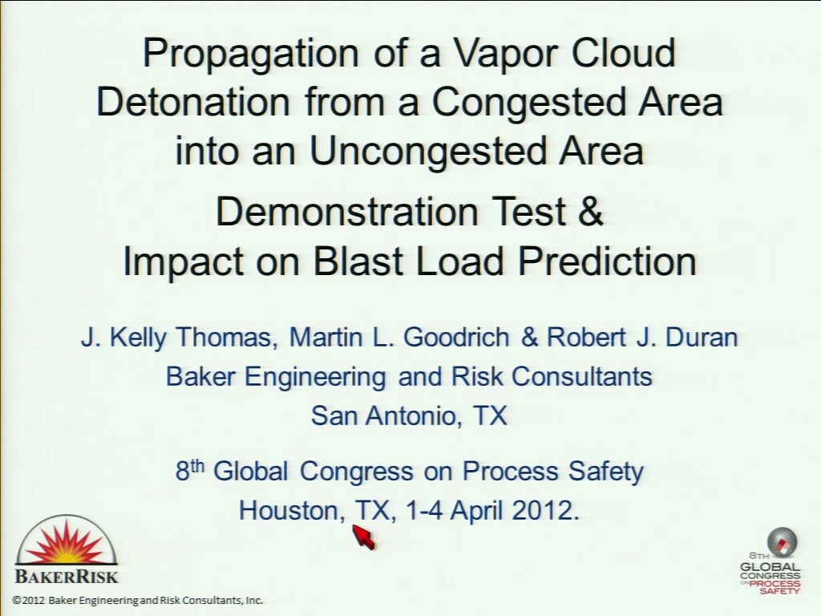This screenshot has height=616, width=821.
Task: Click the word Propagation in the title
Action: (251, 55)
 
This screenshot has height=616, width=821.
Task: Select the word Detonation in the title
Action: (193, 101)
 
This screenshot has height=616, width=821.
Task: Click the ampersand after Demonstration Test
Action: (591, 211)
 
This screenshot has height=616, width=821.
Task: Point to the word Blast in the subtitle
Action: (359, 261)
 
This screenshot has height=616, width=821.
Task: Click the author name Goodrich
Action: (456, 337)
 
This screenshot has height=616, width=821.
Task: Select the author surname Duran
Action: (702, 337)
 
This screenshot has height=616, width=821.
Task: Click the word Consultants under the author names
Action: (582, 376)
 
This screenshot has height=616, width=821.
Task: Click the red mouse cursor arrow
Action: (364, 537)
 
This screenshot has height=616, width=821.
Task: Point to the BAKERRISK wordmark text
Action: (67, 577)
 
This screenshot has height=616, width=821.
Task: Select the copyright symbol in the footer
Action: (18, 600)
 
